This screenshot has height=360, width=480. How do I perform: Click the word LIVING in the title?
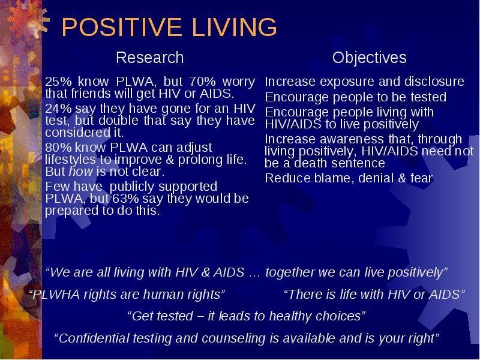(235, 27)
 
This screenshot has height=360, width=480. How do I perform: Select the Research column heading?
(149, 58)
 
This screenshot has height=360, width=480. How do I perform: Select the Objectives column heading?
(370, 58)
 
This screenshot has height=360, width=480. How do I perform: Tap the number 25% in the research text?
(58, 82)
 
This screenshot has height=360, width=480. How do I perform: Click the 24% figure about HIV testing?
(58, 109)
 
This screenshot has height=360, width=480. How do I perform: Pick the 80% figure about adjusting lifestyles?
(58, 148)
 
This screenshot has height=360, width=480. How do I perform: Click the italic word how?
(81, 172)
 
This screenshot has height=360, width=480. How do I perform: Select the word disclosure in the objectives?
(434, 82)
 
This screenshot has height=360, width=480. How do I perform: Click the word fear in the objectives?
(422, 178)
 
